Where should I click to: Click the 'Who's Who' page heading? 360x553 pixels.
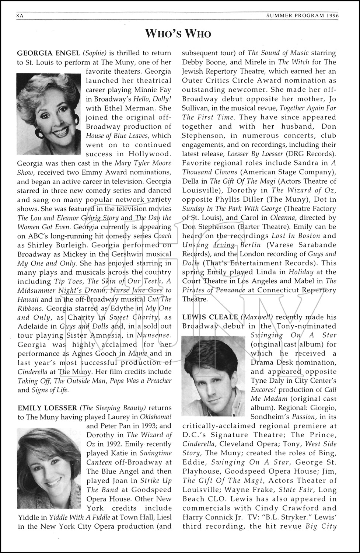178,34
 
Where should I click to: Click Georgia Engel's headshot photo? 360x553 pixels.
49,114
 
